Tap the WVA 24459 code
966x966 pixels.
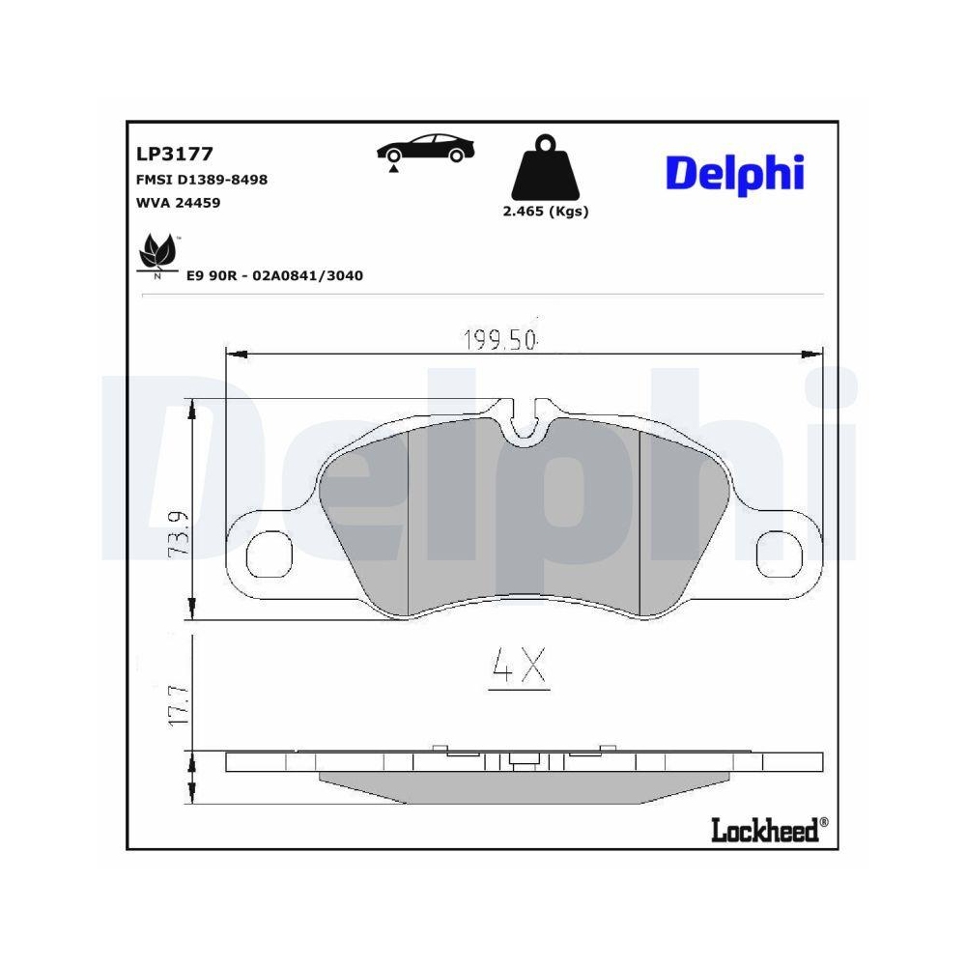180,204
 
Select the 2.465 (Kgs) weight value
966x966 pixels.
545,212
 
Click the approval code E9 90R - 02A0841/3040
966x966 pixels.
273,275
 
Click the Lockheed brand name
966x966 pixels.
764,828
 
